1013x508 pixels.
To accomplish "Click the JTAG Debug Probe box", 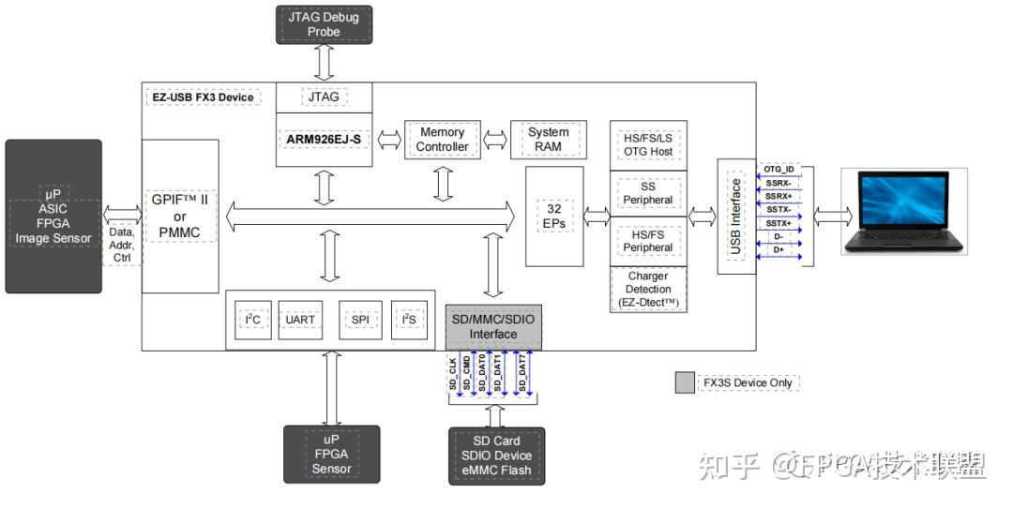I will tap(325, 25).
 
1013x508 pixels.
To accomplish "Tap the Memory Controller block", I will tap(442, 141).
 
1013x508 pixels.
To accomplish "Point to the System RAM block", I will tap(548, 140).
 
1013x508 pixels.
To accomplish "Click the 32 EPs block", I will tap(553, 216).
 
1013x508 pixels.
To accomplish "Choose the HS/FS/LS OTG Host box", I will tap(648, 145).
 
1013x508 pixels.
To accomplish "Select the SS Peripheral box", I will tap(648, 193).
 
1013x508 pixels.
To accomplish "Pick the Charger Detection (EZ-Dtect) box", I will tap(648, 291).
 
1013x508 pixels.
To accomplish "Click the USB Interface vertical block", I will tap(736, 216).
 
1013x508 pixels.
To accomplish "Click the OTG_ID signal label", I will tap(779, 170).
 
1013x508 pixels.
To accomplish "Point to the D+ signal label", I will tap(779, 249).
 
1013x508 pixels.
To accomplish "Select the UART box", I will tap(300, 320).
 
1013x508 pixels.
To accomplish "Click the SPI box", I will tap(360, 320).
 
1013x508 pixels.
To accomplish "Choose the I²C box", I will tap(252, 320).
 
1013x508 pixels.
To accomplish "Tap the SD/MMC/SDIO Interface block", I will tap(492, 327).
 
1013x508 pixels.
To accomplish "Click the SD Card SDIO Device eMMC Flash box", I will tap(495, 456).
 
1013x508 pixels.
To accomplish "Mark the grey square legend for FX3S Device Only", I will tap(685, 382).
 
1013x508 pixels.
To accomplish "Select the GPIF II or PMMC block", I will tap(180, 217).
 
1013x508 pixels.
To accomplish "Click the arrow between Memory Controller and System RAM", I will tap(493, 141).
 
